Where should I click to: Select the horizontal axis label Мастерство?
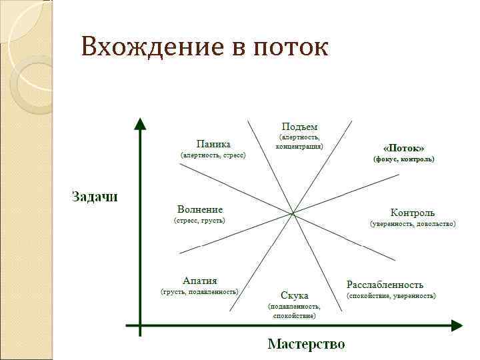coord(306,344)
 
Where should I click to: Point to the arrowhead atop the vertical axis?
coord(139,125)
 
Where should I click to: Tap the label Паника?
coord(213,143)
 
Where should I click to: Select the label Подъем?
coord(299,126)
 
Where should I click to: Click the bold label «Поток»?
coord(403,147)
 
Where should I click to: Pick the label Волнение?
coord(200,209)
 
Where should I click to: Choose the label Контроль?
coord(413,213)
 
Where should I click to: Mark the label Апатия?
coord(200,281)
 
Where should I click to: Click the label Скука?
coord(294,295)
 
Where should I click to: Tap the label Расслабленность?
coord(385,285)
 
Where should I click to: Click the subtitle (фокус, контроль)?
coord(403,159)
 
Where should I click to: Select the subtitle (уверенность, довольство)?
coord(413,224)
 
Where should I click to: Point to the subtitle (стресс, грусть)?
coord(200,220)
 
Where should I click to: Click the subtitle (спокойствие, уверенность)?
coord(391,295)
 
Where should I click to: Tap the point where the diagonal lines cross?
coord(293,213)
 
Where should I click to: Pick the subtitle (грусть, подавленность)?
coord(200,291)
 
